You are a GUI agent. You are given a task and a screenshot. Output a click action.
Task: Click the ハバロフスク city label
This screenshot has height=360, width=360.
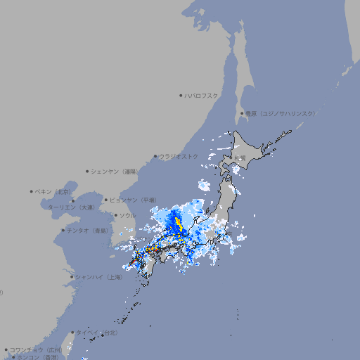[202, 95]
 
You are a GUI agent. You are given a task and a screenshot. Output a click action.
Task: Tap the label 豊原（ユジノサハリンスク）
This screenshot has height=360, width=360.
[280, 113]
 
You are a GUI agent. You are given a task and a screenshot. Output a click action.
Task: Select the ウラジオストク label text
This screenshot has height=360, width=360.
[179, 156]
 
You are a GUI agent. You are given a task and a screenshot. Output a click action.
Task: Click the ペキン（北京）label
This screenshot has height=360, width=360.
[53, 191]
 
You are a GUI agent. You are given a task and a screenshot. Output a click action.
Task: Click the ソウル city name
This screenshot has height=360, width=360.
[128, 215]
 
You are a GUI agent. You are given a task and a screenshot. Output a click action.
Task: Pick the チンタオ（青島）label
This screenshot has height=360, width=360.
[86, 230]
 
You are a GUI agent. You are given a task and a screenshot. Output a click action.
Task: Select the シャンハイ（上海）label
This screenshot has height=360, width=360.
[98, 277]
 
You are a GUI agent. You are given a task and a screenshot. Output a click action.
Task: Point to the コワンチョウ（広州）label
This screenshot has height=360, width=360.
[36, 349]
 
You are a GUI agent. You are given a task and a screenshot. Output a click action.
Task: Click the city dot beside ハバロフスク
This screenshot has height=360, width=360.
[181, 95]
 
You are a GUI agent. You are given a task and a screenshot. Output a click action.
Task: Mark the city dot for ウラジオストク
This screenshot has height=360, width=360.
[155, 156]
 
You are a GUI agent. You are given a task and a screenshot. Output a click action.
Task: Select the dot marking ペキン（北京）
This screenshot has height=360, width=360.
[32, 191]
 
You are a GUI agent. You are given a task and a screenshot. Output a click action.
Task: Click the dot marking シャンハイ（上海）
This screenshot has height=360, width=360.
[72, 277]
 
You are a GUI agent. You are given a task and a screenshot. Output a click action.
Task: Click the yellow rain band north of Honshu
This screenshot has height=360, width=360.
[177, 225]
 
